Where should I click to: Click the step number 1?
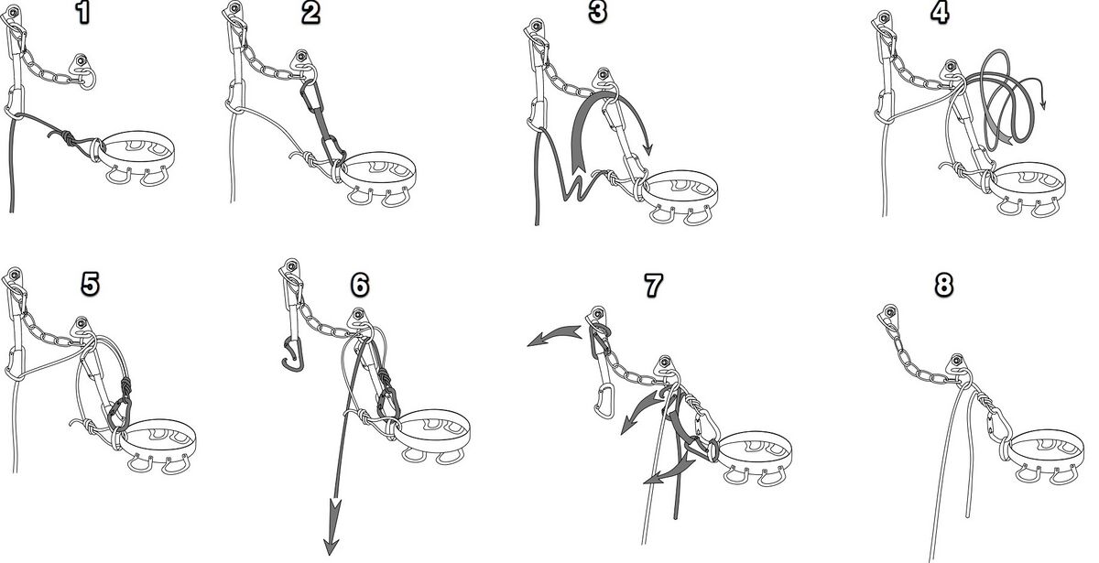(x=84, y=13)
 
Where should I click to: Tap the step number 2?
(x=310, y=13)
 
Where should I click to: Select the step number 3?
(x=597, y=12)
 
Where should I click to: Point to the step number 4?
(x=940, y=12)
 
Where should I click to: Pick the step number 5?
(x=91, y=285)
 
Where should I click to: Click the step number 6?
(x=360, y=285)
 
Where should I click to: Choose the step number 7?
(x=653, y=285)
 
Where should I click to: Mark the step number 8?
(x=943, y=285)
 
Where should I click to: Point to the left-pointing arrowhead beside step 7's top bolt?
(x=539, y=339)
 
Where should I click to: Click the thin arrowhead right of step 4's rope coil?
(x=1042, y=104)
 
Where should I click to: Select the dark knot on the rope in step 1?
(x=69, y=137)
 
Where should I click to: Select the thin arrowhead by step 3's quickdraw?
(x=648, y=149)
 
